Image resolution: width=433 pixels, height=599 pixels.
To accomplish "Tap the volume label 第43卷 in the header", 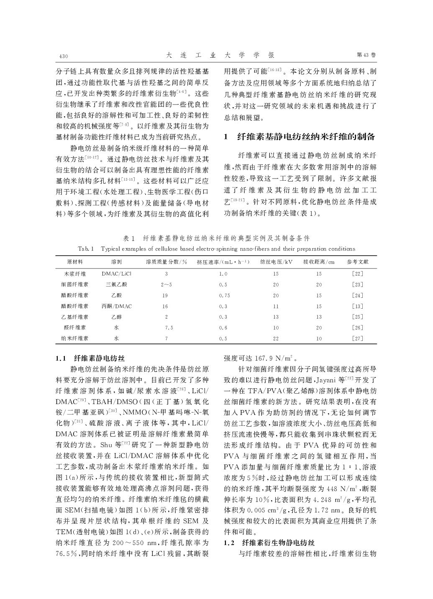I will tap(366, 55).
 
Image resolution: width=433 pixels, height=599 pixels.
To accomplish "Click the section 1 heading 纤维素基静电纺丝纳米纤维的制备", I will tap(305, 137).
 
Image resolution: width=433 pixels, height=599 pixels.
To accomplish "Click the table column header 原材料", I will tap(75, 262).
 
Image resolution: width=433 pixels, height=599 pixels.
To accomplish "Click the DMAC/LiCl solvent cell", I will tap(117, 274).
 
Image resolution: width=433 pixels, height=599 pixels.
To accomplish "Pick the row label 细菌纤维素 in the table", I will tap(75, 284).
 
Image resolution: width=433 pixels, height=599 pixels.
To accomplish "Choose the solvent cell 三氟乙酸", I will tap(117, 284).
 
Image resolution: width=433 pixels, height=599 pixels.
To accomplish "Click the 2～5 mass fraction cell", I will tap(166, 284).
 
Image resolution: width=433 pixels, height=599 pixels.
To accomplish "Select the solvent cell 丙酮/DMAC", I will tap(117, 306).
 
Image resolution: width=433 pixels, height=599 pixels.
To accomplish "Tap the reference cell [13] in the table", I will tap(358, 306).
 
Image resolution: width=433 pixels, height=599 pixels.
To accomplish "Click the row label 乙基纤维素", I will tap(75, 317).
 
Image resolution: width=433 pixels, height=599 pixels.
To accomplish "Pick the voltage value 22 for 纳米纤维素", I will tap(276, 338).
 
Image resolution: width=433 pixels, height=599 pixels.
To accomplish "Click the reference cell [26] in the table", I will tap(358, 328).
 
